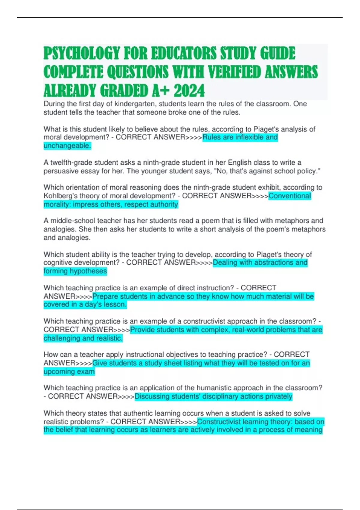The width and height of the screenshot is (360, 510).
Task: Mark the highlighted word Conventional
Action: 290,196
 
